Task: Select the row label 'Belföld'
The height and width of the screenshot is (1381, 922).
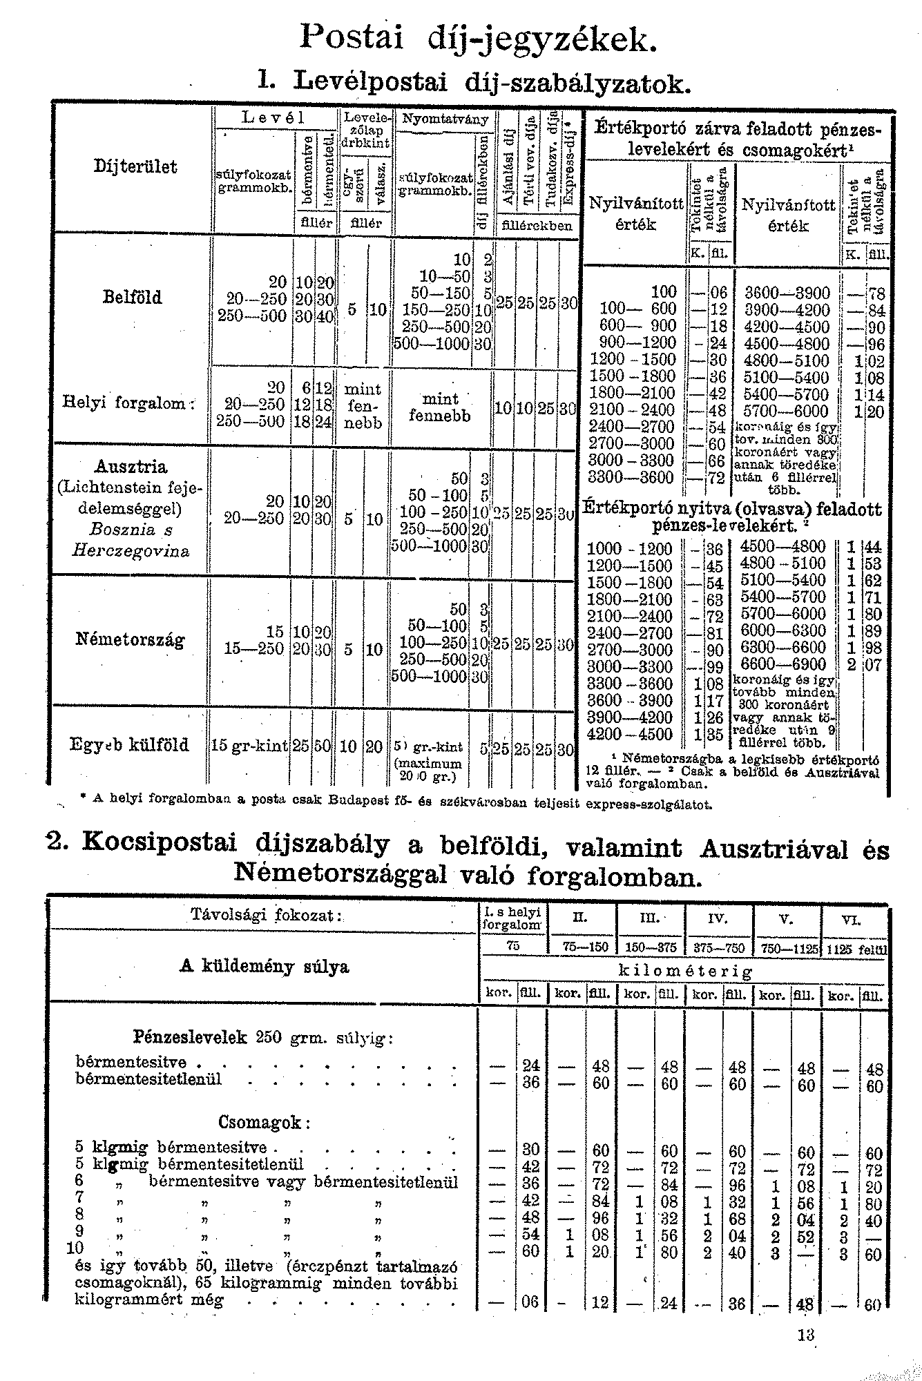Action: pos(132,298)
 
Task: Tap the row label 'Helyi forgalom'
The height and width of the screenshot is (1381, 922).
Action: pos(128,402)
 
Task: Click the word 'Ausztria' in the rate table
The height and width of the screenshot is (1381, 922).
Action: pos(132,466)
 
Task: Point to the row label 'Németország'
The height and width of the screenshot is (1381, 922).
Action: pos(130,639)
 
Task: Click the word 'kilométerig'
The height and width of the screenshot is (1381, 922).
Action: pos(682,971)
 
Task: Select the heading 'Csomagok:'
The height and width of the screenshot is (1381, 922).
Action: pos(263,1123)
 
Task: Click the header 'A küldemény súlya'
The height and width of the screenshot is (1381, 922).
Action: pos(265,966)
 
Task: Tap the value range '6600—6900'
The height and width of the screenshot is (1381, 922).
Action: pos(782,665)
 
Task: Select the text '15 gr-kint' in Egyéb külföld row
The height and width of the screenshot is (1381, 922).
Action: pos(250,746)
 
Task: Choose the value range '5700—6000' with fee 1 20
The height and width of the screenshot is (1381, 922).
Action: pos(782,412)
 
